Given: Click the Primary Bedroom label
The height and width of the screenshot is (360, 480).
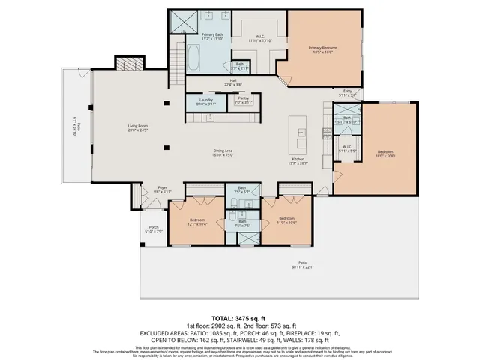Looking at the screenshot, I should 323,49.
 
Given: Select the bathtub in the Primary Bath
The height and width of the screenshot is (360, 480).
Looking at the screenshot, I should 193,58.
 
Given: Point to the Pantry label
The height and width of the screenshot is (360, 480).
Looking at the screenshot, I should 243,100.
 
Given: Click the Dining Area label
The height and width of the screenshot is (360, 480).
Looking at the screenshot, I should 223,154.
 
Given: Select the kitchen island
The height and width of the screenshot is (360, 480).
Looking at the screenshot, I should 301,133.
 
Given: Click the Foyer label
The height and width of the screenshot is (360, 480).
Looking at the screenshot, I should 162,190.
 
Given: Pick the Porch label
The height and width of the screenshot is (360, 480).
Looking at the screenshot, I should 153,229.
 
